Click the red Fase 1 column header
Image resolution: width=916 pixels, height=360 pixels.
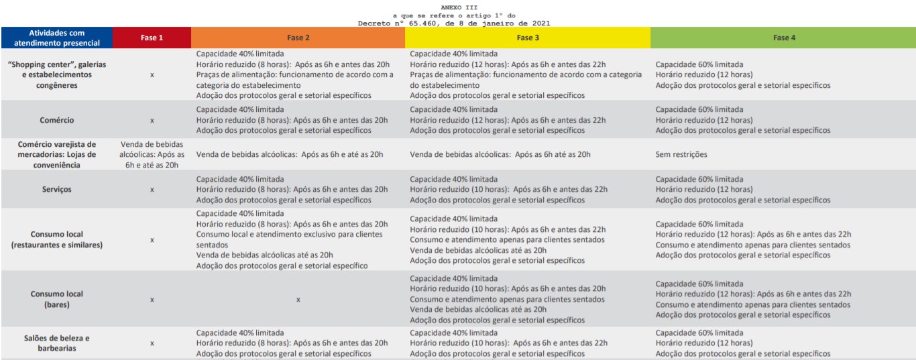tap(152, 38)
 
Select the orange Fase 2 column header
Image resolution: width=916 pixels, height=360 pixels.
tap(298, 38)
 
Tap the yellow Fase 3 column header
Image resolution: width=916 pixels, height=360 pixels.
tap(528, 38)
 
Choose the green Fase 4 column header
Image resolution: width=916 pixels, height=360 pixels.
tap(782, 38)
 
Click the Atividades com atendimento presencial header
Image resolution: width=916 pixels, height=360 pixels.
tap(57, 38)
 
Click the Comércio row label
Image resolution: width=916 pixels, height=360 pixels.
tap(57, 120)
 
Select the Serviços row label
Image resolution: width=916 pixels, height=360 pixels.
tap(57, 190)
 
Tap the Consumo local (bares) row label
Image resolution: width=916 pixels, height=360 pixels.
tap(57, 299)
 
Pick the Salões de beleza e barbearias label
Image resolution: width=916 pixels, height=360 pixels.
tap(57, 343)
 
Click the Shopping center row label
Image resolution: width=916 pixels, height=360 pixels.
tap(57, 74)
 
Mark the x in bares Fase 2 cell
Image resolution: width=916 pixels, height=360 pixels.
tap(298, 300)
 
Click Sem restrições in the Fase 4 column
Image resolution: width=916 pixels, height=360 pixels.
tap(681, 155)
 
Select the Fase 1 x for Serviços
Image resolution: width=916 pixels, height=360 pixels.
tap(152, 190)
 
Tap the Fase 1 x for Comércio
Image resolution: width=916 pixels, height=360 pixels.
tap(152, 121)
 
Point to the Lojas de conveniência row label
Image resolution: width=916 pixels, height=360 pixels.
tap(57, 155)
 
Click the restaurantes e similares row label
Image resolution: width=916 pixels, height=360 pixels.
tap(57, 240)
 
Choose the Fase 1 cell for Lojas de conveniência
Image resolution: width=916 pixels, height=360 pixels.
tap(152, 155)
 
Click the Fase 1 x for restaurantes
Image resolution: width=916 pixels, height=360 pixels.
tap(152, 240)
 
